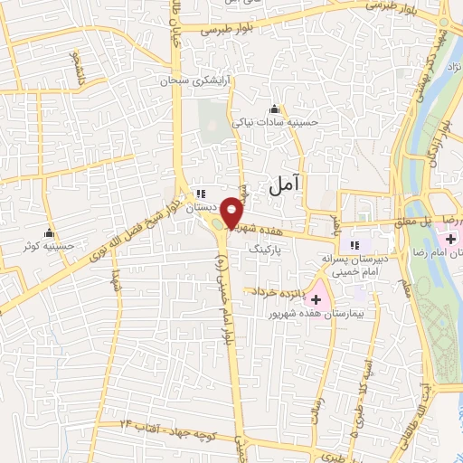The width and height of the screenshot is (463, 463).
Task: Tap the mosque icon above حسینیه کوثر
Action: point(49,232)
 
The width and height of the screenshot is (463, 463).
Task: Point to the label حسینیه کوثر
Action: point(50,245)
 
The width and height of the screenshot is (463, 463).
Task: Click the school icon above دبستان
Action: point(202,194)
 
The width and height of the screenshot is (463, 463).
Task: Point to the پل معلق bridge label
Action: point(409,220)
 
